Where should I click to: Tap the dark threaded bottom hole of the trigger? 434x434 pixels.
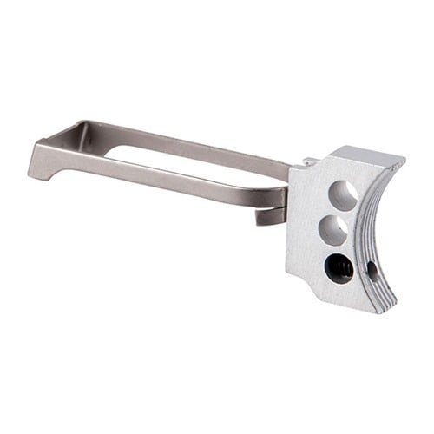pyautogui.click(x=338, y=268)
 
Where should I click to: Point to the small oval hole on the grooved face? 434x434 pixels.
pyautogui.click(x=372, y=270)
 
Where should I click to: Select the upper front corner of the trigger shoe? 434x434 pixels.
pyautogui.click(x=399, y=161)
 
